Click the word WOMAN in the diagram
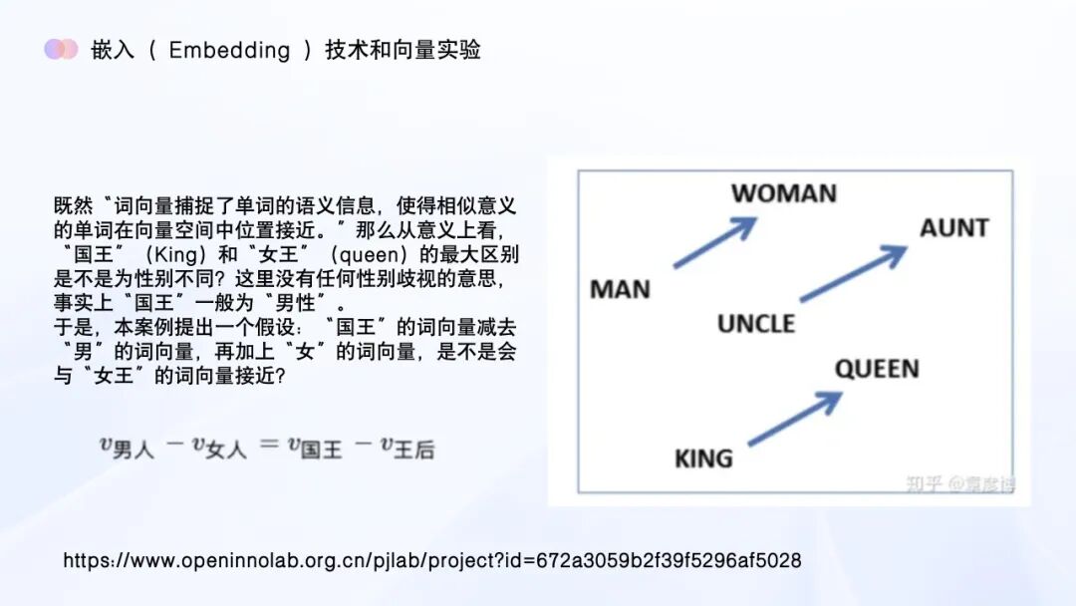pyautogui.click(x=783, y=193)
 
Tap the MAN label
pyautogui.click(x=620, y=290)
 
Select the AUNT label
pyautogui.click(x=953, y=227)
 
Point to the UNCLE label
pyautogui.click(x=756, y=324)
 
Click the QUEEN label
pyautogui.click(x=877, y=369)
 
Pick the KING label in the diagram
pyautogui.click(x=703, y=458)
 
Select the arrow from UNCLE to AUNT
pyautogui.click(x=853, y=273)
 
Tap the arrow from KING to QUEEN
pyautogui.click(x=794, y=419)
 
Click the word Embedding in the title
pyautogui.click(x=229, y=50)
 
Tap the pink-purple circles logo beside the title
pyautogui.click(x=61, y=49)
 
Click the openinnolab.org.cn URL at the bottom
pyautogui.click(x=431, y=560)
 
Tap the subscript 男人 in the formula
pyautogui.click(x=133, y=451)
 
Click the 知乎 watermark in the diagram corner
pyautogui.click(x=923, y=484)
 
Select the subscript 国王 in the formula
pyautogui.click(x=321, y=451)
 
